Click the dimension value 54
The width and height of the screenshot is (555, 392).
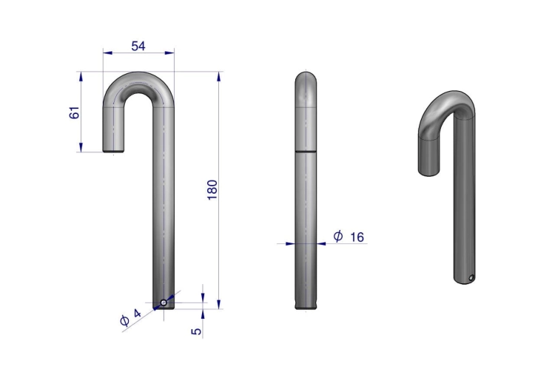[138, 46]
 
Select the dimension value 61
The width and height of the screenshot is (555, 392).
[74, 112]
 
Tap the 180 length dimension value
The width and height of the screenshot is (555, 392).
[212, 190]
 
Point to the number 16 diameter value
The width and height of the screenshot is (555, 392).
[357, 237]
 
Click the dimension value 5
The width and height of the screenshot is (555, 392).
[196, 331]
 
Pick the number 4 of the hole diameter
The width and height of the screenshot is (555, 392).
[137, 313]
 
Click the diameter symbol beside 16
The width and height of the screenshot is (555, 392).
[338, 236]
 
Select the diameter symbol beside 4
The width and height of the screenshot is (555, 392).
[124, 320]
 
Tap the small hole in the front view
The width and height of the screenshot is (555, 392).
[164, 303]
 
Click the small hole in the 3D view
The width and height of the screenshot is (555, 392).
[471, 278]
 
